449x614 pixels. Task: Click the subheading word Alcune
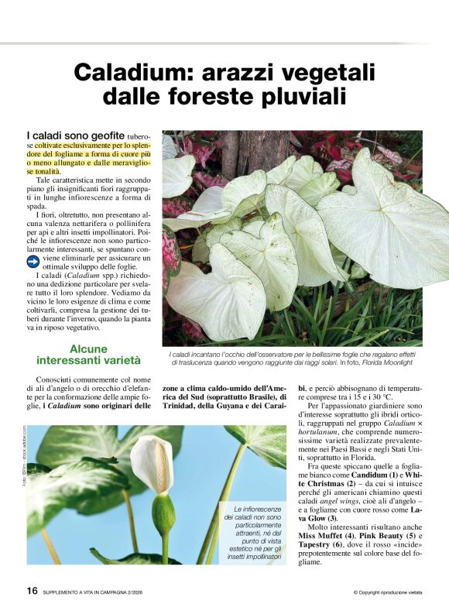point(87,348)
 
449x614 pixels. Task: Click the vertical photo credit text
point(24,457)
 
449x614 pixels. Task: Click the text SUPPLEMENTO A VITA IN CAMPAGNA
point(98,592)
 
